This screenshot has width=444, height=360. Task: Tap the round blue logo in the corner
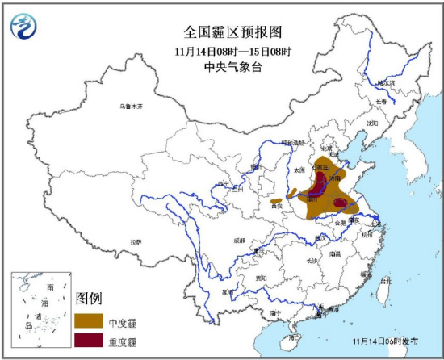(x=24, y=27)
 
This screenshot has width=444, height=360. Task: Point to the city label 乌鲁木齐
(x=130, y=107)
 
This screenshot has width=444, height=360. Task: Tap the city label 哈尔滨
(x=387, y=82)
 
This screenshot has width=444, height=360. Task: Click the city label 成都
(x=240, y=240)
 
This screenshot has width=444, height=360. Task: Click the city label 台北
(x=385, y=282)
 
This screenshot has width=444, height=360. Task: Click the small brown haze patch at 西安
(x=277, y=199)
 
